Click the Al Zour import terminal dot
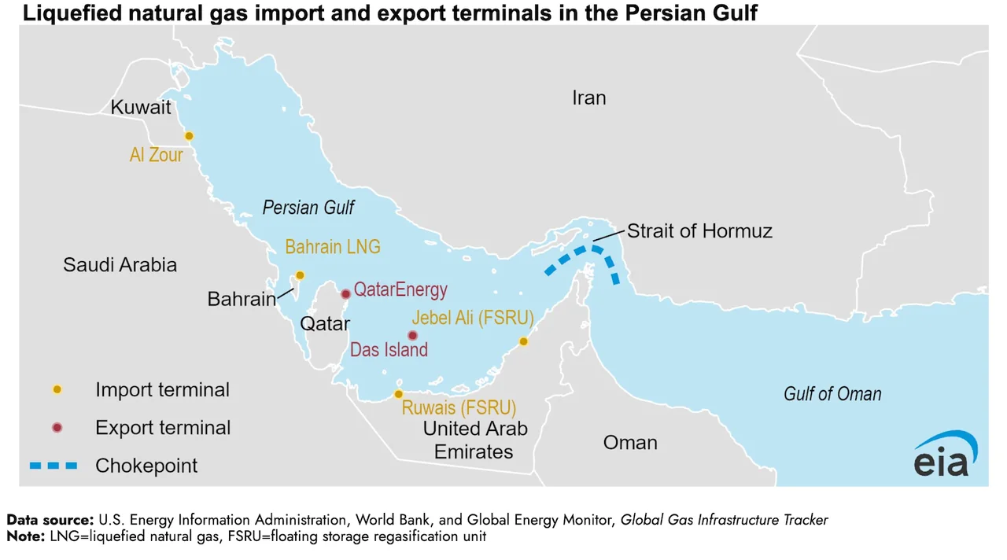pyautogui.click(x=189, y=136)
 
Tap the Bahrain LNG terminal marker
pyautogui.click(x=300, y=275)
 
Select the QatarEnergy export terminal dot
pyautogui.click(x=345, y=294)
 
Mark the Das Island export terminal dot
pyautogui.click(x=412, y=335)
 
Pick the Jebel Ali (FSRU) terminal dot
pyautogui.click(x=523, y=341)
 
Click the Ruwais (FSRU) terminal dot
pyautogui.click(x=399, y=394)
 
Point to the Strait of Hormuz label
pyautogui.click(x=699, y=231)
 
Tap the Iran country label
pyautogui.click(x=588, y=98)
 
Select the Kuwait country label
pyautogui.click(x=141, y=108)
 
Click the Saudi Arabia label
pyautogui.click(x=120, y=265)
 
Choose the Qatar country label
pyautogui.click(x=325, y=324)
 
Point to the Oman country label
pyautogui.click(x=630, y=443)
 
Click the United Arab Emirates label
pyautogui.click(x=474, y=440)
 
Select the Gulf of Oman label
pyautogui.click(x=832, y=394)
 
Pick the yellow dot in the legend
pyautogui.click(x=56, y=390)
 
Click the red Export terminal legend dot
pyautogui.click(x=56, y=428)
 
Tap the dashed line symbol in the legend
pyautogui.click(x=54, y=466)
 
